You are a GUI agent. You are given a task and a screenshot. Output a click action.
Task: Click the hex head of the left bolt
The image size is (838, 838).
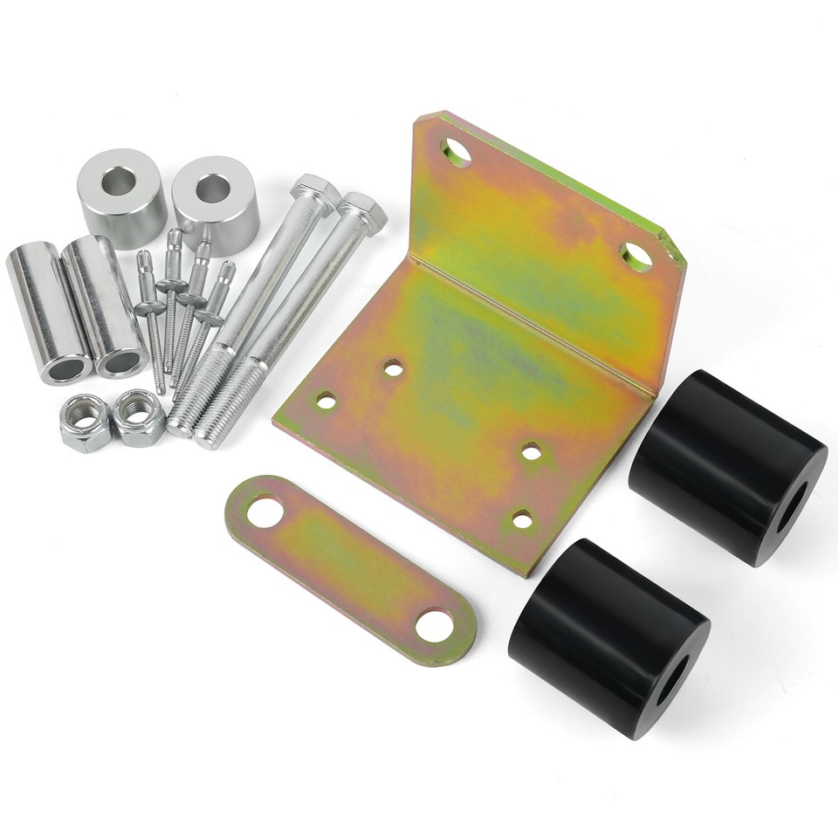tap(315, 190)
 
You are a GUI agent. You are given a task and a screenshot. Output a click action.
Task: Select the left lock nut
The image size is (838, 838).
tap(86, 423)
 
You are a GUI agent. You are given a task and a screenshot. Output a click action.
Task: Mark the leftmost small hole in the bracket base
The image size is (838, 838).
tap(326, 401)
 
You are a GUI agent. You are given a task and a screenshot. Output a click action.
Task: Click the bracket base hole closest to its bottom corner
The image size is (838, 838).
tap(522, 520)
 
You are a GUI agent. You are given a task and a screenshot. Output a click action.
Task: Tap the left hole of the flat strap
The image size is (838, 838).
tap(264, 511)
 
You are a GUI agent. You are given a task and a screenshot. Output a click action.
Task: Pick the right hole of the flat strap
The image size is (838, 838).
tap(435, 625)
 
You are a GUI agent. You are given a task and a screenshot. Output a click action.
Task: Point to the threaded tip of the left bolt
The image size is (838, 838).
tap(182, 425)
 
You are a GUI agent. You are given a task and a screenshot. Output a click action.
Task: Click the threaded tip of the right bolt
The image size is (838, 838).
tap(210, 436)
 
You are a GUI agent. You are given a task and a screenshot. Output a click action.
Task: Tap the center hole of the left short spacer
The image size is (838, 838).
tap(119, 181)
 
